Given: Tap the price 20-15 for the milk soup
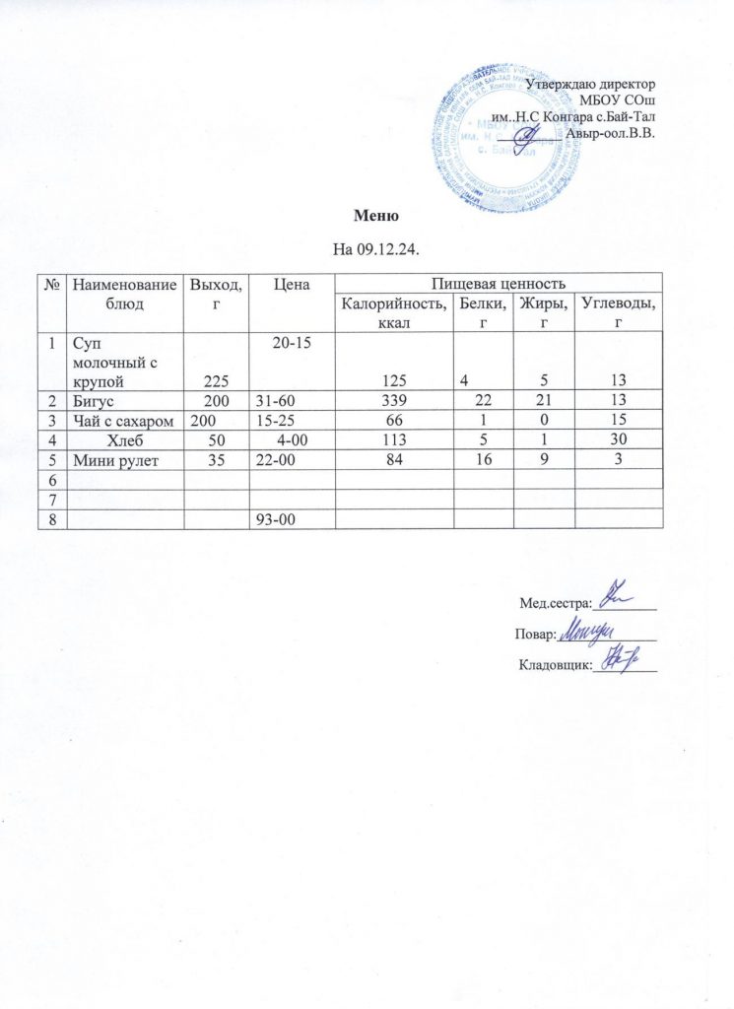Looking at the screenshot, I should pos(282,342).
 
